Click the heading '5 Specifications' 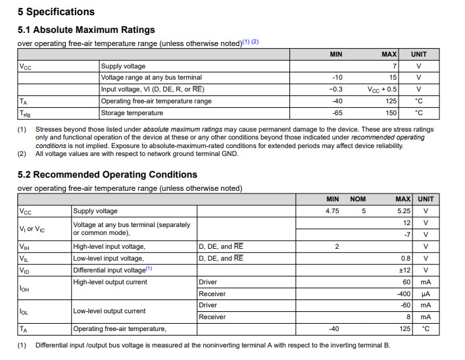pyautogui.click(x=56, y=12)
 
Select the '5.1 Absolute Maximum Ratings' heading pyautogui.click(x=86, y=30)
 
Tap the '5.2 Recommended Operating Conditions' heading pyautogui.click(x=107, y=174)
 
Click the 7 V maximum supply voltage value pyautogui.click(x=395, y=66)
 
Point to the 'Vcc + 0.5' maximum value pyautogui.click(x=382, y=90)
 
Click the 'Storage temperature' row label pyautogui.click(x=132, y=113)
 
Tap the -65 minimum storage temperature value pyautogui.click(x=337, y=113)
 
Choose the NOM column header pyautogui.click(x=358, y=199)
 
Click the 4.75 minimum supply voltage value pyautogui.click(x=333, y=211)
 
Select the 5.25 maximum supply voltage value pyautogui.click(x=403, y=211)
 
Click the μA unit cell pyautogui.click(x=426, y=294)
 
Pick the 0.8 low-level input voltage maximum pyautogui.click(x=406, y=258)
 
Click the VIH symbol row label pyautogui.click(x=24, y=247)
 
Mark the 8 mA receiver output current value pyautogui.click(x=408, y=317)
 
